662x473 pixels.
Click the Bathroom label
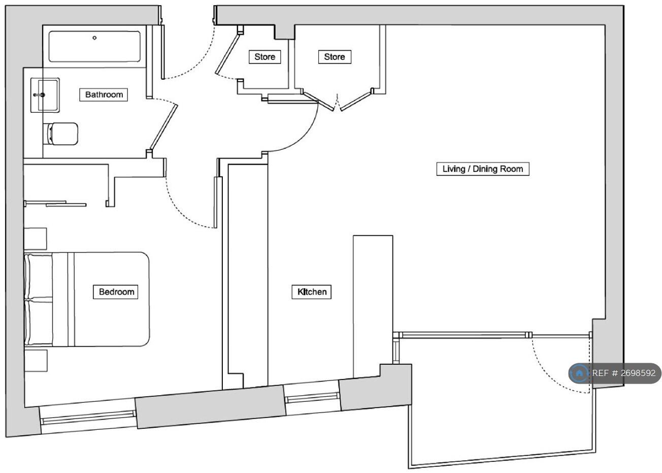tap(104, 94)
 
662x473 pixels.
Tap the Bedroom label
tap(116, 292)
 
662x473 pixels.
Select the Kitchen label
tap(312, 292)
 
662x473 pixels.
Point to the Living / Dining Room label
tap(482, 169)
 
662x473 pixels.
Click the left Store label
tap(264, 57)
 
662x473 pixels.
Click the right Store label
tap(334, 57)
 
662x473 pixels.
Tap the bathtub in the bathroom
tap(94, 47)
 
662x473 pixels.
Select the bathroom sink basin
tap(45, 94)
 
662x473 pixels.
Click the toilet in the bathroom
tap(62, 134)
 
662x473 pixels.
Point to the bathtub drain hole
tap(94, 38)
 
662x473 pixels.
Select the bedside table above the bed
tap(36, 238)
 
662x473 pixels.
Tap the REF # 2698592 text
tap(624, 373)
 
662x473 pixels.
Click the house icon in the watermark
tap(579, 373)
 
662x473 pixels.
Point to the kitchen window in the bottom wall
tap(312, 397)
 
